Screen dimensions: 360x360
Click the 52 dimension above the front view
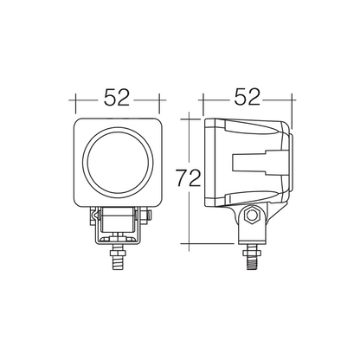(117, 97)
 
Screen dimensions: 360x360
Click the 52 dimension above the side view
(247, 97)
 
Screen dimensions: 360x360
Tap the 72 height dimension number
(188, 178)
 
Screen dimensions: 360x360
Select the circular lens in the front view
(118, 163)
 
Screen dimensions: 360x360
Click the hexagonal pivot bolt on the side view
(252, 215)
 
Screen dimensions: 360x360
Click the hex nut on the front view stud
(118, 254)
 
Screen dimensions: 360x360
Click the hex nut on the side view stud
(252, 254)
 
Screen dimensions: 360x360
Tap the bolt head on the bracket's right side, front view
(149, 215)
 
